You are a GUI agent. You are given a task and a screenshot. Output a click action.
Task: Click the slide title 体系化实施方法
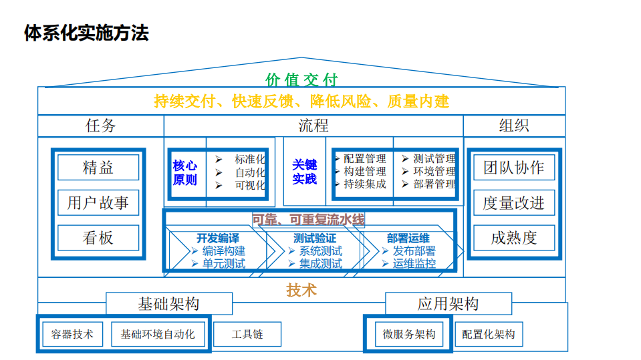[86, 33]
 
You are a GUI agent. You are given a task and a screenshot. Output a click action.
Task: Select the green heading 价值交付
[302, 80]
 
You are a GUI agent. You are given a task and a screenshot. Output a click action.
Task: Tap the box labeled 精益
[98, 168]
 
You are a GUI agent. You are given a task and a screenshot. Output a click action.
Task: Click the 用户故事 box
[98, 203]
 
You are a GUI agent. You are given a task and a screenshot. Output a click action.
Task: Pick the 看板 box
[98, 238]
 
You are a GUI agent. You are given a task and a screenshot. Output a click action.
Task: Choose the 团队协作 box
[513, 168]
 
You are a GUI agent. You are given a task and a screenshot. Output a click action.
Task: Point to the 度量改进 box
[513, 203]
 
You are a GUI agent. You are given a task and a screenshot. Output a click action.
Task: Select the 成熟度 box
[513, 238]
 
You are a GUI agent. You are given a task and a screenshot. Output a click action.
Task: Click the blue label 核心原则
[185, 172]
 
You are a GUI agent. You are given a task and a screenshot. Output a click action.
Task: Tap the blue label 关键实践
[305, 172]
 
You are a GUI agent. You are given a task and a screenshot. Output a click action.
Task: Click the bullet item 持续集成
[365, 184]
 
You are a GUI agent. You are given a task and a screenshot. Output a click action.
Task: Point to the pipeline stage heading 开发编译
[218, 238]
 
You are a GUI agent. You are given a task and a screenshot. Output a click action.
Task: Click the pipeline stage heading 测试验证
[315, 238]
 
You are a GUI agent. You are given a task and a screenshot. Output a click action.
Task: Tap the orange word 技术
[301, 290]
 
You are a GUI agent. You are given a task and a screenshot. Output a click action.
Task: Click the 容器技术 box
[72, 334]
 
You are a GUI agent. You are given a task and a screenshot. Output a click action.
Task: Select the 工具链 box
[247, 334]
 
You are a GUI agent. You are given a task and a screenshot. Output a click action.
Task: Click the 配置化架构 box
[489, 335]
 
